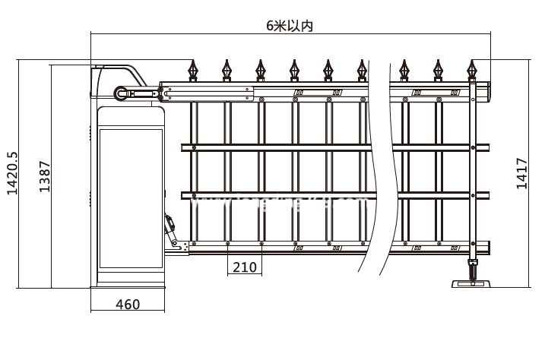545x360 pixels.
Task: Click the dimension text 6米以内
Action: click(290, 24)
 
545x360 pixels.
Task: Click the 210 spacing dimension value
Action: click(244, 267)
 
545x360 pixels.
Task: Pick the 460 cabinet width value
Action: click(128, 305)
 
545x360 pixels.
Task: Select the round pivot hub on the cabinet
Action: click(120, 93)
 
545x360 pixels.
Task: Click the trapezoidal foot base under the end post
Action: click(471, 285)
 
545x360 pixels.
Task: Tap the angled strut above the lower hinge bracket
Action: click(170, 224)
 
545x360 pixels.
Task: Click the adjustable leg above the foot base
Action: click(473, 270)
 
